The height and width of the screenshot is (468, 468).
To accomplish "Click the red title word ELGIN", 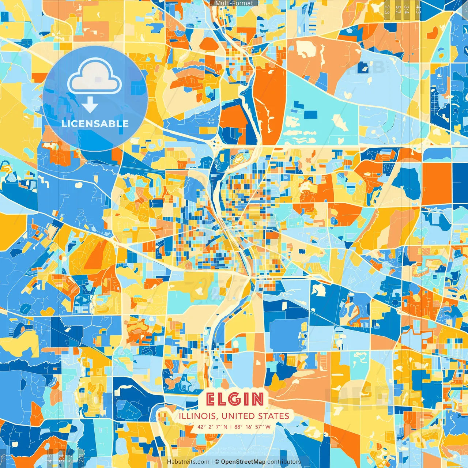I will (234, 399).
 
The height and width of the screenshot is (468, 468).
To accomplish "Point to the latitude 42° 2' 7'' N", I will (212, 427).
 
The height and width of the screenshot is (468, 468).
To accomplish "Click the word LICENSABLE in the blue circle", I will (95, 124).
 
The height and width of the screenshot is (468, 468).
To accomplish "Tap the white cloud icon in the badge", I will (94, 77).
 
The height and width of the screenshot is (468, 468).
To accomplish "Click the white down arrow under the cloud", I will (90, 106).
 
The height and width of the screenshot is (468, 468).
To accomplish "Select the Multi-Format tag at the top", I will (234, 3).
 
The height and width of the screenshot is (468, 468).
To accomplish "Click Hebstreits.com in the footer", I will (188, 462).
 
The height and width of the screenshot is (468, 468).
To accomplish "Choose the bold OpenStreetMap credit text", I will (243, 462).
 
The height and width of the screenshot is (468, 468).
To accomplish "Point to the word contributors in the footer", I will (284, 462).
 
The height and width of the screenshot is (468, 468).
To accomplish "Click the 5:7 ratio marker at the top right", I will (397, 10).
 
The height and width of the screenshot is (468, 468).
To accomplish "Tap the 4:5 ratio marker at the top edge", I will (418, 10).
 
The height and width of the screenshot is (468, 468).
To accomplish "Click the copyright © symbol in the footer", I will (216, 462).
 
